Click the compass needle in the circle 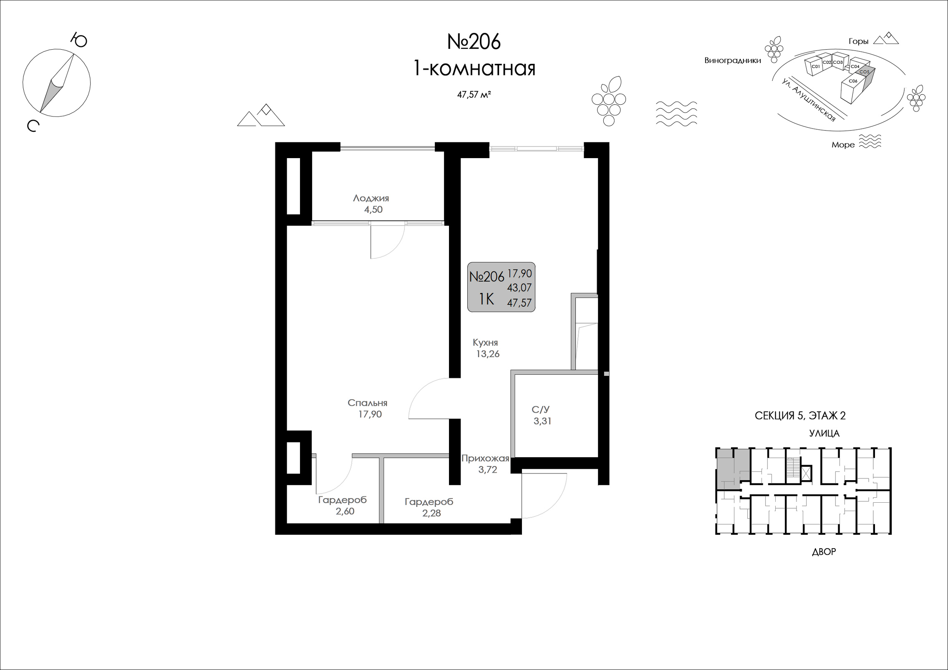coord(57,83)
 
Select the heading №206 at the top coord(474,42)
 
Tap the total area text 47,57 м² coord(474,95)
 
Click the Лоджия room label coord(371,198)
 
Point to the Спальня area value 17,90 coord(370,414)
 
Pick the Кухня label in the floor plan coord(485,343)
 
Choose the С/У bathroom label coord(540,409)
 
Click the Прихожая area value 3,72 coord(488,470)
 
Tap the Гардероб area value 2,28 coord(431,513)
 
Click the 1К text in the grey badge coord(487,299)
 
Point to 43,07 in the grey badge coord(519,288)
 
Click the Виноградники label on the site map coord(733,60)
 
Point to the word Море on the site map coord(843,145)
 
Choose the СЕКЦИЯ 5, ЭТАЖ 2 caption coord(800,416)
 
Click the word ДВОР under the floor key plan coord(824,552)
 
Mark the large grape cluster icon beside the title coord(609,101)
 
